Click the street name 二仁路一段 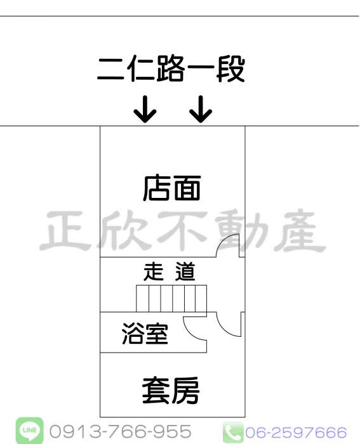[171, 69]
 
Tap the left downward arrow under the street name [145, 109]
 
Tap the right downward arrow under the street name [201, 109]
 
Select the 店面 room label [172, 188]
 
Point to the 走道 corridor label [170, 271]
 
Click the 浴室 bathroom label [145, 333]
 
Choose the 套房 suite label [171, 391]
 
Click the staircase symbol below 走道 [171, 299]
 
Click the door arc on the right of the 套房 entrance [224, 330]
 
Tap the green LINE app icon [29, 431]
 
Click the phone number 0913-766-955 [120, 431]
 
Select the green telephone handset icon [233, 432]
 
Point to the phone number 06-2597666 [296, 433]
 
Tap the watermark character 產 [298, 231]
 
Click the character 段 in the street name [230, 69]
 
